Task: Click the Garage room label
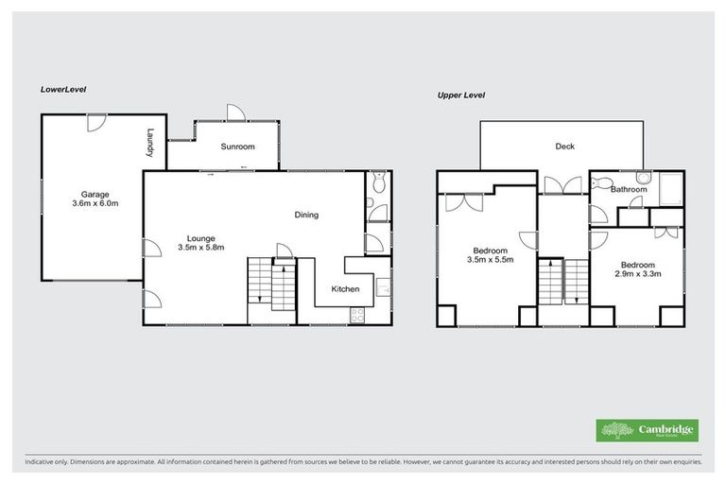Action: point(95,194)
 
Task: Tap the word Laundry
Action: point(149,143)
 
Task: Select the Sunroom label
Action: point(237,147)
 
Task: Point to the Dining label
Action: point(306,215)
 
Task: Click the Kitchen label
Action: point(344,289)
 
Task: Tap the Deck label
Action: point(564,147)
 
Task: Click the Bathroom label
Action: point(628,189)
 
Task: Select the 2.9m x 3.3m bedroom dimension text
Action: point(639,275)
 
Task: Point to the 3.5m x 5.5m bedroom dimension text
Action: point(492,261)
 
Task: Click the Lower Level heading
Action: point(63,89)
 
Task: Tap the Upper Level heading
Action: point(461,95)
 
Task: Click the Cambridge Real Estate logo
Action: point(647,430)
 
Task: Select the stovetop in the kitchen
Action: point(357,315)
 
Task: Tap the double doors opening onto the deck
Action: point(565,186)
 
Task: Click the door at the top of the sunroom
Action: point(235,112)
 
